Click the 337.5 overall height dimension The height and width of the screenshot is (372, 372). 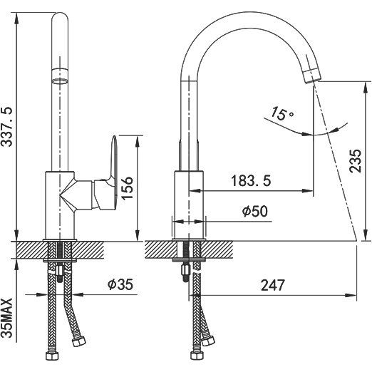click(6, 127)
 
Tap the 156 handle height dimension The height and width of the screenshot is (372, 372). click(127, 188)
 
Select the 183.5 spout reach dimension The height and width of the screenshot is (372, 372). click(251, 180)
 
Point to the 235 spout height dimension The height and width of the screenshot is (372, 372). click(355, 161)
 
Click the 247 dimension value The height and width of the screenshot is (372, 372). click(272, 285)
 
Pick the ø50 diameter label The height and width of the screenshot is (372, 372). click(255, 211)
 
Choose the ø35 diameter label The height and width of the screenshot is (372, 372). click(120, 284)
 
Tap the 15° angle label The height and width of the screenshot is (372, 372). click(281, 113)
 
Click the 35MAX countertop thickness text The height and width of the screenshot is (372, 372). click(6, 318)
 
